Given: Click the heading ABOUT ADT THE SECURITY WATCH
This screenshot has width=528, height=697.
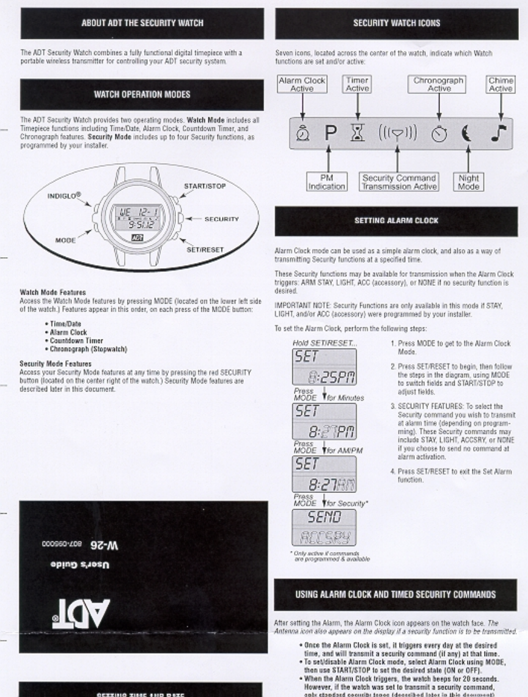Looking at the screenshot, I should [x=143, y=23].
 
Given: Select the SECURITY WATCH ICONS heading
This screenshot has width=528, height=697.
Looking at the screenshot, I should [x=397, y=23].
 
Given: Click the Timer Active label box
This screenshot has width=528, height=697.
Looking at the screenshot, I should [x=358, y=84].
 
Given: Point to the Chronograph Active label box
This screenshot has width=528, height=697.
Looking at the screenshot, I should [x=439, y=84].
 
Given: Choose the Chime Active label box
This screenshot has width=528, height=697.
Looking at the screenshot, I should [x=501, y=84].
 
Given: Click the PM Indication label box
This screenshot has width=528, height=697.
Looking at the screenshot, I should [x=326, y=181].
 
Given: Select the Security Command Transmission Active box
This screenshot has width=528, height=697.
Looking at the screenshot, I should [x=398, y=181].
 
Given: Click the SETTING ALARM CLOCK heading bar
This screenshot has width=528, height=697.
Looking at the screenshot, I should [x=397, y=221].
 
